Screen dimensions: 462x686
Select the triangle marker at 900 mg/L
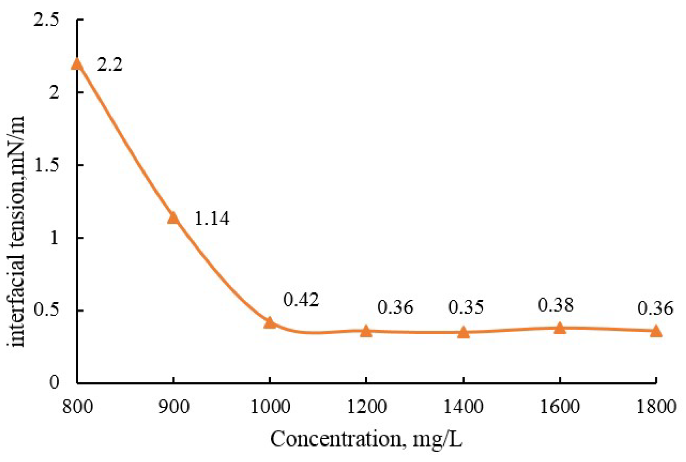coord(173,218)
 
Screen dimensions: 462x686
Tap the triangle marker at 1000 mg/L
coord(270,323)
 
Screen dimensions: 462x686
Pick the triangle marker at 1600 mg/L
coord(559,327)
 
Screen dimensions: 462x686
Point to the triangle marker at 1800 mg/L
coord(656,331)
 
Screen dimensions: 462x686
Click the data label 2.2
coord(110,65)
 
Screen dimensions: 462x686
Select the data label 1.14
coord(211,219)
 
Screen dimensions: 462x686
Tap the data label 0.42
coord(301,300)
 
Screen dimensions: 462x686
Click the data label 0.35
coord(465,307)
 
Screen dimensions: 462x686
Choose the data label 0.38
coord(555,305)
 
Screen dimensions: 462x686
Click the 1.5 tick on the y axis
coord(46,165)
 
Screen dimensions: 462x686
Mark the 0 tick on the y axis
coord(54,382)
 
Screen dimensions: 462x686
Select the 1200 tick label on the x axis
coord(366,407)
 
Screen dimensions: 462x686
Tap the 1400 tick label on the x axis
coord(463,407)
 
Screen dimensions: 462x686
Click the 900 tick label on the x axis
coord(173,407)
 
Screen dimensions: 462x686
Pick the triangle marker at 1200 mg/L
coord(366,331)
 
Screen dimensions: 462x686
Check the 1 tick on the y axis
coord(54,238)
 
